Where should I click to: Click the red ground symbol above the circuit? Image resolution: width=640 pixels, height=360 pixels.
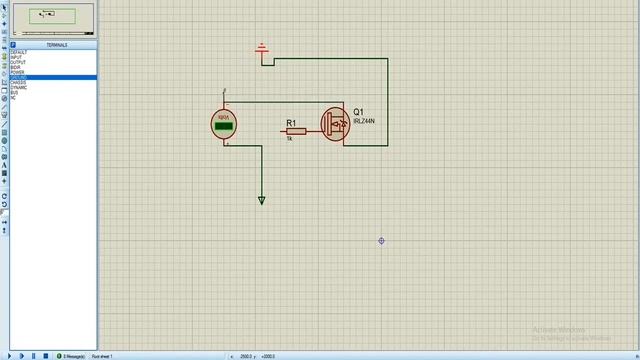click(262, 49)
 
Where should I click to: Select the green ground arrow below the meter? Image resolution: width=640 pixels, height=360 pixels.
click(262, 200)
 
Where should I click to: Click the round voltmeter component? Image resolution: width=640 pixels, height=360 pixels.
click(224, 124)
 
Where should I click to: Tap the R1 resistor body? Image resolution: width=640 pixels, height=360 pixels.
click(296, 131)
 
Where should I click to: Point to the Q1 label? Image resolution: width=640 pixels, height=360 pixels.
click(358, 112)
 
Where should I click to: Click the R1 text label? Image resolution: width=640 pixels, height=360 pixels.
click(292, 123)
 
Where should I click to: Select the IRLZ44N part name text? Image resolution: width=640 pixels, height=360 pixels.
click(364, 121)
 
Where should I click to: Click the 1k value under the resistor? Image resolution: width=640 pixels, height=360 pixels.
click(289, 139)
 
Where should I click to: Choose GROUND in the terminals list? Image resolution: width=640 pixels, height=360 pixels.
click(19, 78)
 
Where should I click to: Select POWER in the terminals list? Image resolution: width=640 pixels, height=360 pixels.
click(17, 72)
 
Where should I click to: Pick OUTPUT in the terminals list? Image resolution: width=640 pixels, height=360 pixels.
click(18, 62)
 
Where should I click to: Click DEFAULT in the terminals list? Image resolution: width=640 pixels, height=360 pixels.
click(19, 52)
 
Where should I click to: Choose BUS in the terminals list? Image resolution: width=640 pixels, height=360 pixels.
click(14, 93)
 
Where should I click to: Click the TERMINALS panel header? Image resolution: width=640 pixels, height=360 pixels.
click(56, 45)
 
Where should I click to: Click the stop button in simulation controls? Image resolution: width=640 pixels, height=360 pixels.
click(46, 356)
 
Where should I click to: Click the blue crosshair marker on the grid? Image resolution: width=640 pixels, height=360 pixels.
click(382, 241)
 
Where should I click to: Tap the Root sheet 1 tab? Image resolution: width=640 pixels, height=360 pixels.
click(103, 356)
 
